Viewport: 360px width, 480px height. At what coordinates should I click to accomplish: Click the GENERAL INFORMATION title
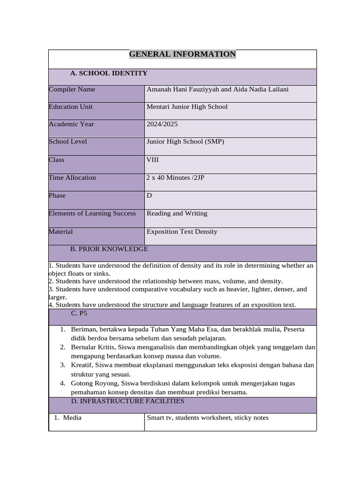coord(182,54)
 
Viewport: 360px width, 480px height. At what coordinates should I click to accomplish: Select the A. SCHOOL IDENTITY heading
coord(109,73)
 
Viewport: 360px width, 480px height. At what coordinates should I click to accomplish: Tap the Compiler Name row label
coord(72,90)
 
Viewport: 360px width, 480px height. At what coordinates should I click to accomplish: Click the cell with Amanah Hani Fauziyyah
coord(217,90)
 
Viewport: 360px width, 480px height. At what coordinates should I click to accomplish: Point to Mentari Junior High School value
coord(187,107)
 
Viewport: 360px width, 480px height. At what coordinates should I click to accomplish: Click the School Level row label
coord(68,142)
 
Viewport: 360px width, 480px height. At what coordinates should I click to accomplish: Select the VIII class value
coord(153,160)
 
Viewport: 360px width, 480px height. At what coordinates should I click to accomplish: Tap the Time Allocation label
coord(72,178)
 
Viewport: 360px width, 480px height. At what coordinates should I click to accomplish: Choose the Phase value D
coord(150,195)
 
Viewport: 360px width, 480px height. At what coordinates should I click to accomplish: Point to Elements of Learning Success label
coord(92,213)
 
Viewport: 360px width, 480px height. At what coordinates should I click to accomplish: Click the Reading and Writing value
coord(177,213)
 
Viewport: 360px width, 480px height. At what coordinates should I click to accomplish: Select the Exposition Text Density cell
coord(182,232)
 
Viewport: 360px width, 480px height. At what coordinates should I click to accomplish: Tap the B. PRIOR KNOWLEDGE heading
coord(109,249)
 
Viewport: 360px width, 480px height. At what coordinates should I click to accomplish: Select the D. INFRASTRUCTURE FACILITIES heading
coord(127,401)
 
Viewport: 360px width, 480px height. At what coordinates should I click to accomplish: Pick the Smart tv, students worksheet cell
coord(208,418)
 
